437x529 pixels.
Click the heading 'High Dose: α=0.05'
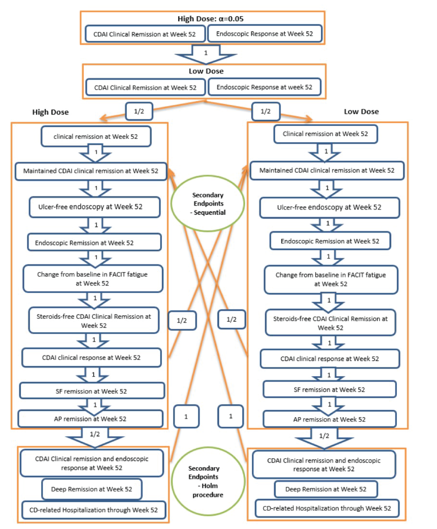pos(211,19)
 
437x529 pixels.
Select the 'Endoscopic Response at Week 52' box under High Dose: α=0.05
pos(264,34)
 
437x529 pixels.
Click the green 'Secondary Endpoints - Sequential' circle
pos(208,203)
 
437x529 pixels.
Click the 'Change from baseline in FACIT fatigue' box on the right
pos(331,279)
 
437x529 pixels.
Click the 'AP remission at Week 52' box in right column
pos(329,419)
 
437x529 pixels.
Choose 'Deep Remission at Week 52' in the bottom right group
pos(326,489)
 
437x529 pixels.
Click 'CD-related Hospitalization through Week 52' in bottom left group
pos(94,510)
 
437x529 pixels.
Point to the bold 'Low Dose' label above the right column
pos(361,112)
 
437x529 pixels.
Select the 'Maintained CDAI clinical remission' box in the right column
pos(327,171)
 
